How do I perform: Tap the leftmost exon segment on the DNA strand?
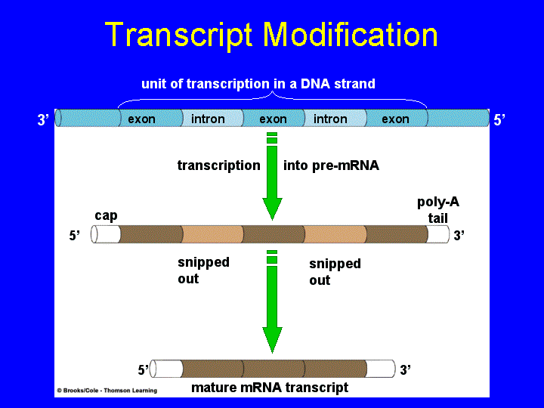pos(142,119)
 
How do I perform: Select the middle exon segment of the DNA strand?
pos(273,119)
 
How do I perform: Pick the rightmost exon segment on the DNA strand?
pos(395,119)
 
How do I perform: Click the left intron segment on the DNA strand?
pos(208,119)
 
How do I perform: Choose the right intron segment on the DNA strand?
pos(330,119)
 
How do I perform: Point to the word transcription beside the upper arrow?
pos(218,165)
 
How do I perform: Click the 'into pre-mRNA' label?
pos(331,165)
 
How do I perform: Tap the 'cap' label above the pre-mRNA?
pos(106,215)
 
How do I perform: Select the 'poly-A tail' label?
pos(437,210)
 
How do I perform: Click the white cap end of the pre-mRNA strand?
pos(106,234)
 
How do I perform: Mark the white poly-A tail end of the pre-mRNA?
pos(437,234)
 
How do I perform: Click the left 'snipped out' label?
pos(203,270)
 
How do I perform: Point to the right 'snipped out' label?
pos(335,272)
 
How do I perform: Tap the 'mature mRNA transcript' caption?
pos(270,388)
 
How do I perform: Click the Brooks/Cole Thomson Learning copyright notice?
pos(107,391)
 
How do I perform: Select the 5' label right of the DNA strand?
pos(499,119)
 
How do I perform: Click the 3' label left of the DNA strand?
pos(43,119)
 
